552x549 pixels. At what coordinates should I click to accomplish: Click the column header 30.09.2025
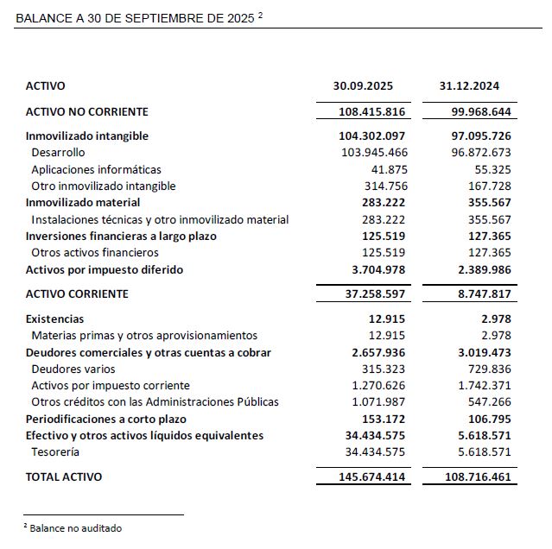363,86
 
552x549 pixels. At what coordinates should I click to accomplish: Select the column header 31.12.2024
469,86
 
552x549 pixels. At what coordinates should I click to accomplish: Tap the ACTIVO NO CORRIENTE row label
87,111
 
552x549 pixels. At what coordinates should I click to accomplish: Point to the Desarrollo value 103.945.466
375,153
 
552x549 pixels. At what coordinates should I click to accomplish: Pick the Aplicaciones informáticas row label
96,169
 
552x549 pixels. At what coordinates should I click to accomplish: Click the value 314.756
387,186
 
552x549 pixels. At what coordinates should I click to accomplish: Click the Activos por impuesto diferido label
105,269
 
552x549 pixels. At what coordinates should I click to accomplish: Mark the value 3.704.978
375,269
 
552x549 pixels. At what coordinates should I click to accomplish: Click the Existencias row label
55,319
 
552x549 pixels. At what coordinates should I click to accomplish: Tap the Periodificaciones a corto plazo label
106,419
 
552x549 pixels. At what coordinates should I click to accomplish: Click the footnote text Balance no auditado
75,527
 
